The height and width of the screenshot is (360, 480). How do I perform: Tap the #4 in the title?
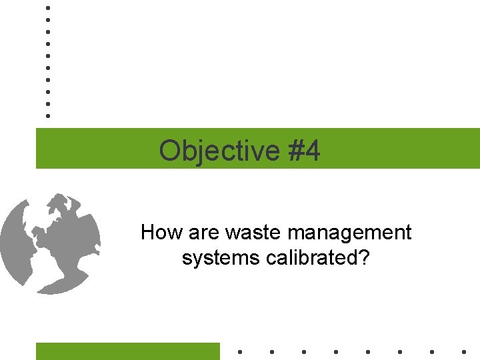point(305,151)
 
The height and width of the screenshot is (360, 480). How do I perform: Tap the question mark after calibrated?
point(364,257)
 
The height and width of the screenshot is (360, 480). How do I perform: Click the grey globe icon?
point(51,243)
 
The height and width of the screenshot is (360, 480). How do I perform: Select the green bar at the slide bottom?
point(127,351)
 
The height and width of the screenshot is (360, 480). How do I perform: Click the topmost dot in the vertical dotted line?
point(47,7)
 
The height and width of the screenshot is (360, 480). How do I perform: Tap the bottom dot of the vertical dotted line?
point(47,116)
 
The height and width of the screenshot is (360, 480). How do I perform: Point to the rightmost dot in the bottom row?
point(464,351)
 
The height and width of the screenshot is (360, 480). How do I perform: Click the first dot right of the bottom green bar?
point(239,351)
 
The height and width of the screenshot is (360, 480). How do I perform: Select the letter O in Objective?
point(170,151)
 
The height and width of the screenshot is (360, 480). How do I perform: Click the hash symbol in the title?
point(297,151)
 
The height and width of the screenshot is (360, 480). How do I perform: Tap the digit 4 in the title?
point(313,151)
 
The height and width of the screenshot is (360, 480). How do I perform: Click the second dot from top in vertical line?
point(47,19)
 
